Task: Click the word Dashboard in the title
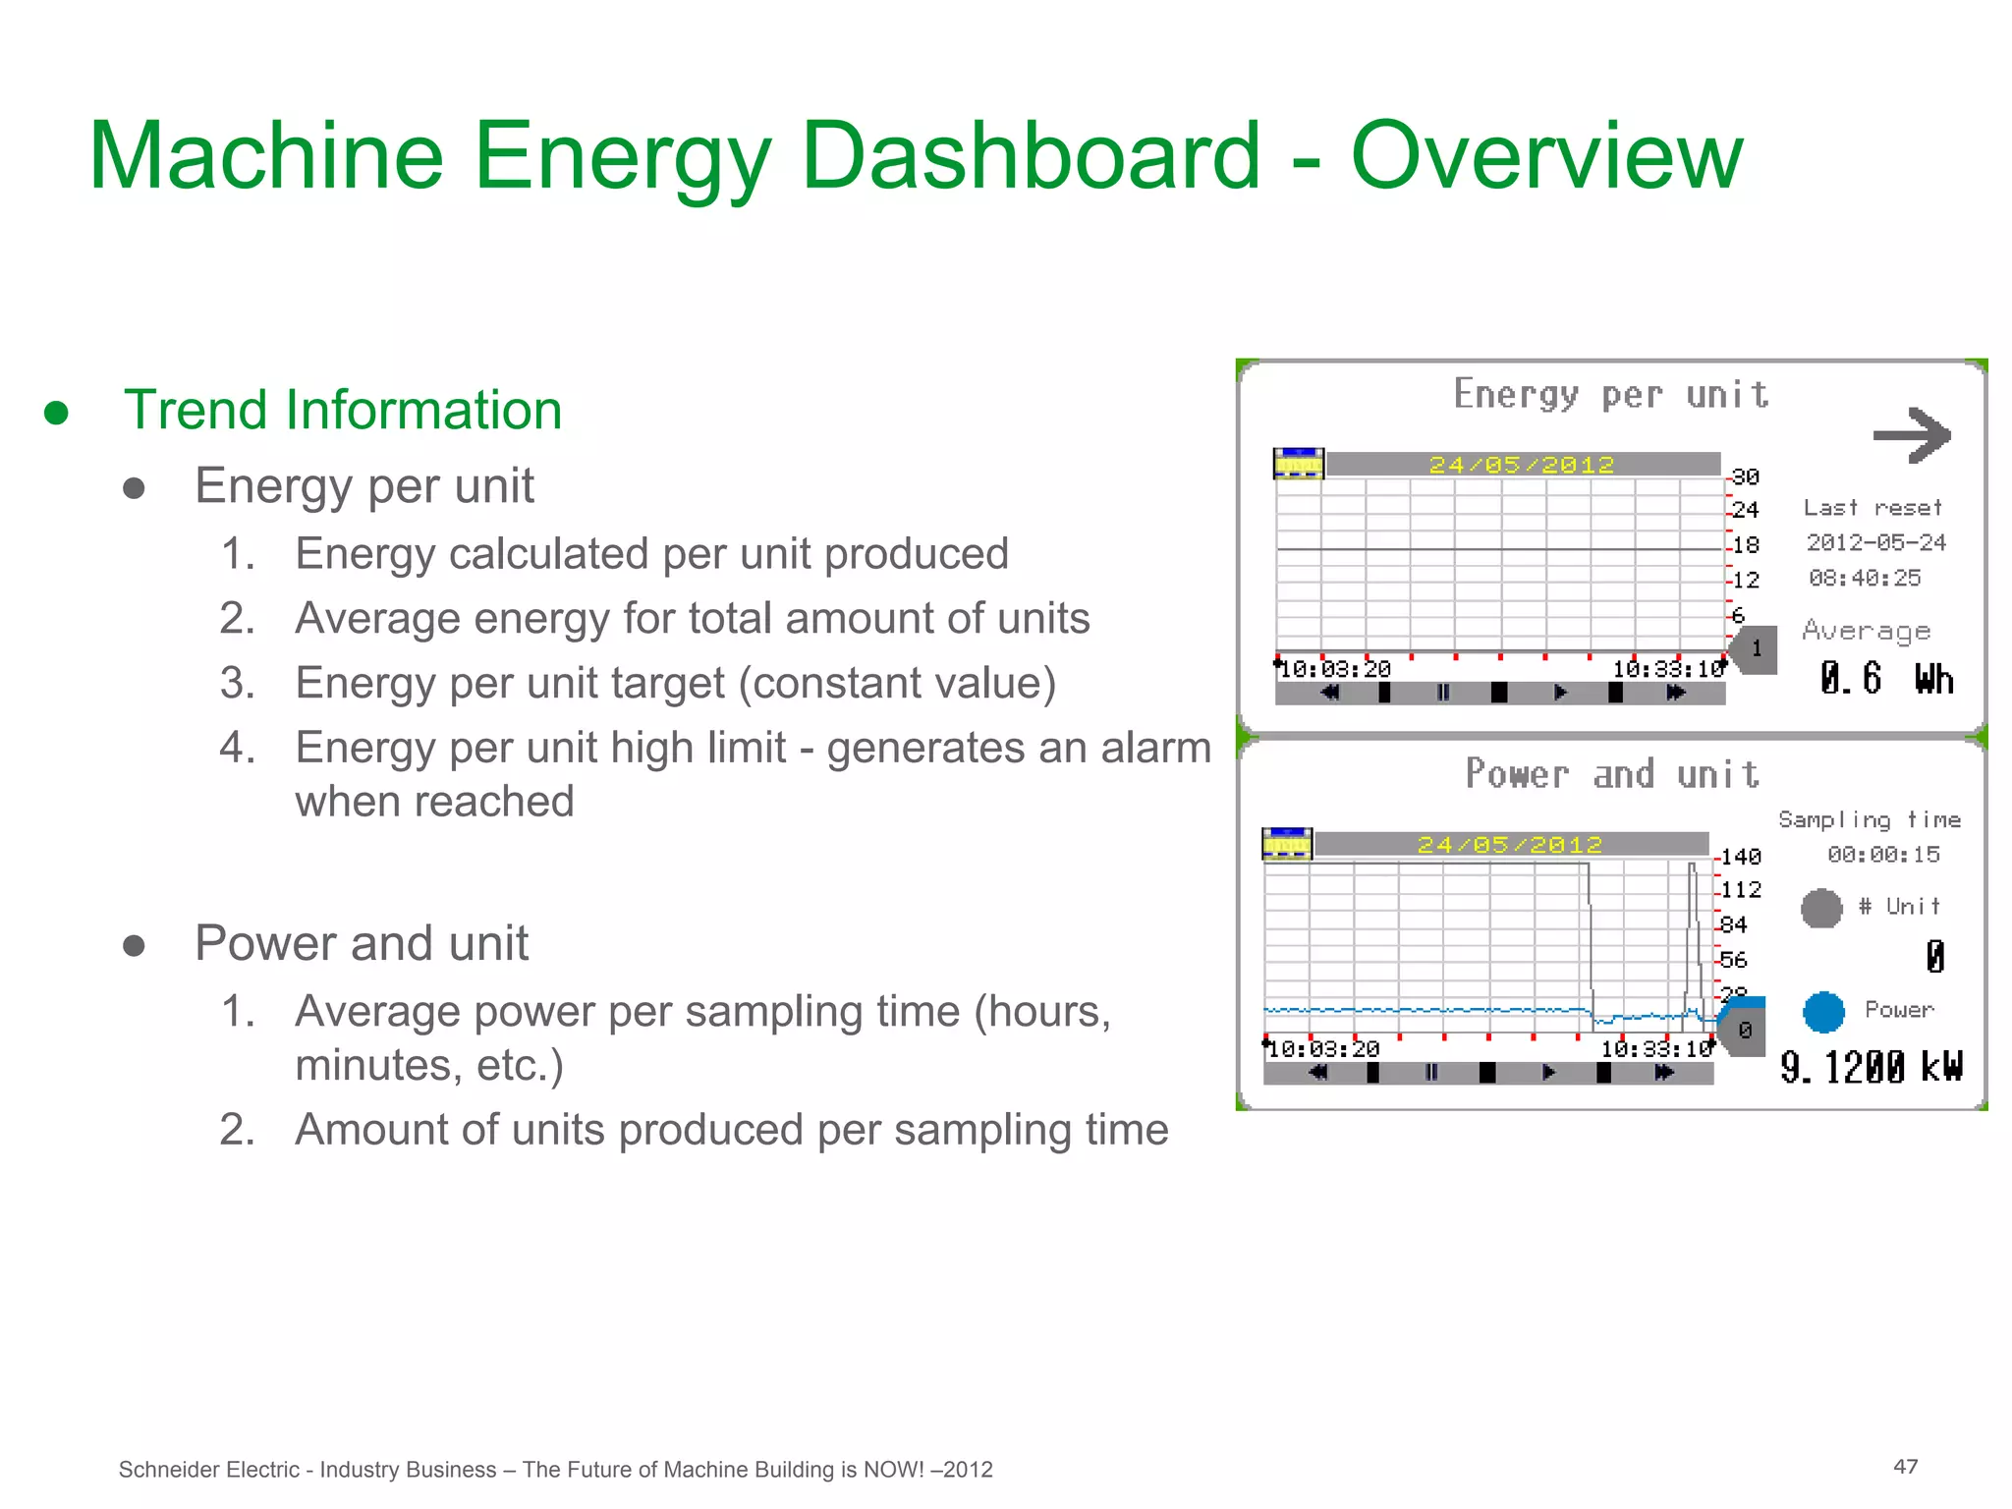(1030, 157)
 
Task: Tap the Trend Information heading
(342, 410)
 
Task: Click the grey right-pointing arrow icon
(1911, 434)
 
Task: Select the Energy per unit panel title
(1611, 395)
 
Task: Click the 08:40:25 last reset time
(1865, 578)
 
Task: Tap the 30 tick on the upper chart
(1745, 476)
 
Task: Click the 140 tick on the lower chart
(1740, 857)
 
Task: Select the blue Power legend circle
(1823, 1012)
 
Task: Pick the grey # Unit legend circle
(1821, 908)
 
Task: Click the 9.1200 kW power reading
(1871, 1067)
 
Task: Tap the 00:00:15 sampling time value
(1883, 855)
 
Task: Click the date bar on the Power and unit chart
(1510, 844)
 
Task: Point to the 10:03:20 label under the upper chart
(1335, 670)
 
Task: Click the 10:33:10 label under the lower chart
(1656, 1049)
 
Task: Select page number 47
(1905, 1467)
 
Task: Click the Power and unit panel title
(1612, 774)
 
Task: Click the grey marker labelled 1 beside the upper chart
(1756, 648)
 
